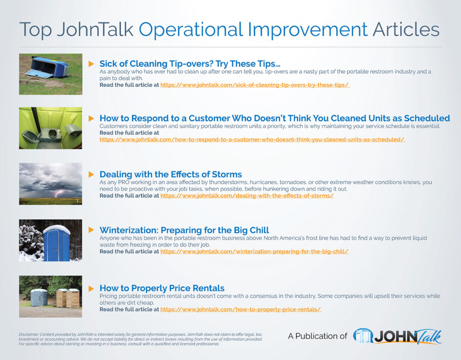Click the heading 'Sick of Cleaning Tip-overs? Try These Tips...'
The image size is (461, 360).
coord(190,64)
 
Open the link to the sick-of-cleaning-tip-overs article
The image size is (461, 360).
coord(255,85)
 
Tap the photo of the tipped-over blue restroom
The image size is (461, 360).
coord(50,74)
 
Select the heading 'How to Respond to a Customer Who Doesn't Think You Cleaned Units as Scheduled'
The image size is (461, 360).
coord(274,118)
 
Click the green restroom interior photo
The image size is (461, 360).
coord(50,128)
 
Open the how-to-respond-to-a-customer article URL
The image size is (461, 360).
coord(253,140)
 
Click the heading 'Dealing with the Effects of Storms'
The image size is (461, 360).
coord(170,174)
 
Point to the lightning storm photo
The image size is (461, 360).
coord(50,184)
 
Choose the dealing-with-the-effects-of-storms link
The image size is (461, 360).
coord(247,196)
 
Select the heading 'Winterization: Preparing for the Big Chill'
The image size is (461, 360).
coord(184,230)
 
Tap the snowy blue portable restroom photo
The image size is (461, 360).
coord(50,240)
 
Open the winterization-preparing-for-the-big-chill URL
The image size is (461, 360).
coord(254,252)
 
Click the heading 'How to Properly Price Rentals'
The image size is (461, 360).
coord(162,288)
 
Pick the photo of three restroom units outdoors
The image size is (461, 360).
coord(50,296)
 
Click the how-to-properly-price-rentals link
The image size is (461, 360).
coord(241,310)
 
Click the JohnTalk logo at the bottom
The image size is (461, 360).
coord(397,336)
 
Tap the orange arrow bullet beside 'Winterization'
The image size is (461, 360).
coord(91,230)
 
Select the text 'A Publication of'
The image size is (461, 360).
coord(317,336)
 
